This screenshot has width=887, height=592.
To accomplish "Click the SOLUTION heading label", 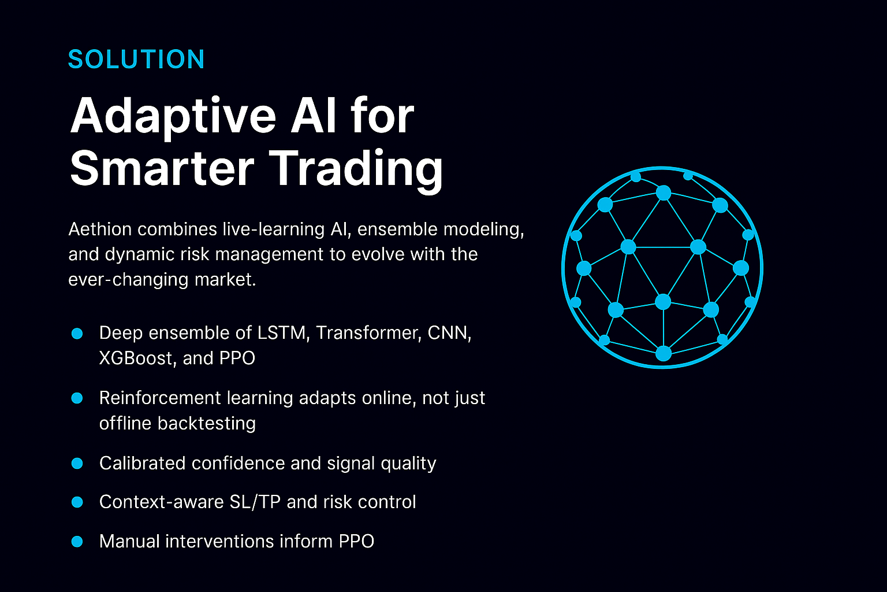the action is [x=136, y=60].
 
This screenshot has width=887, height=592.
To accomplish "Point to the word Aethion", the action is [x=100, y=229].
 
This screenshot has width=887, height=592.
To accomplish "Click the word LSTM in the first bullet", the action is [x=282, y=332].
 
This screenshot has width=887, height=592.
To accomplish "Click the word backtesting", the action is [x=207, y=424].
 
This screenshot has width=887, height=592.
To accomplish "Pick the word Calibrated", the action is [x=143, y=463].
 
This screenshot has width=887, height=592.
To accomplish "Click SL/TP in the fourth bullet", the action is [x=255, y=502].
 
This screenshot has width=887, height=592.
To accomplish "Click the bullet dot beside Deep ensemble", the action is [x=77, y=334].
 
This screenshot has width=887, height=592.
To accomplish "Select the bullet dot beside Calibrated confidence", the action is [x=77, y=463].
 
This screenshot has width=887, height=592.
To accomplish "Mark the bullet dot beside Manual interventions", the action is [x=77, y=541].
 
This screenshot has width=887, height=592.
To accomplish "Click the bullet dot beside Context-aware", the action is [x=77, y=502].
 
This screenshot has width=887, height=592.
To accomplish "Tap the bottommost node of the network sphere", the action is [x=664, y=353].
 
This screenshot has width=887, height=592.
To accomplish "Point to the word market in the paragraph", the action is [x=225, y=280].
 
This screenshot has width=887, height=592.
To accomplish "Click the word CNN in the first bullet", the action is [x=449, y=333].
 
